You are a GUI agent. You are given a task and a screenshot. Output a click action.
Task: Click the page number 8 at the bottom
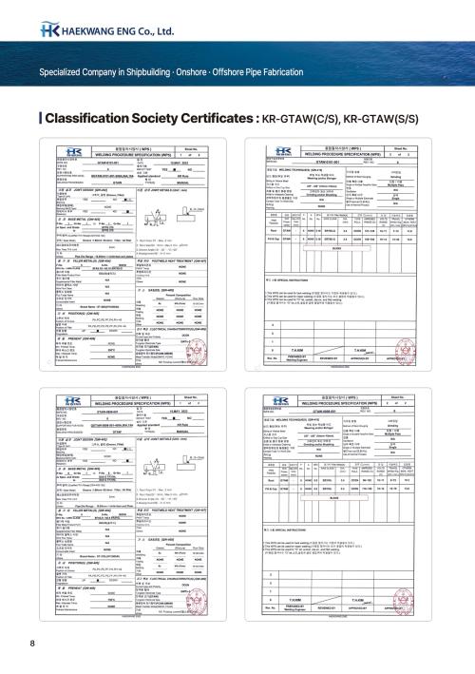coord(32,645)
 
